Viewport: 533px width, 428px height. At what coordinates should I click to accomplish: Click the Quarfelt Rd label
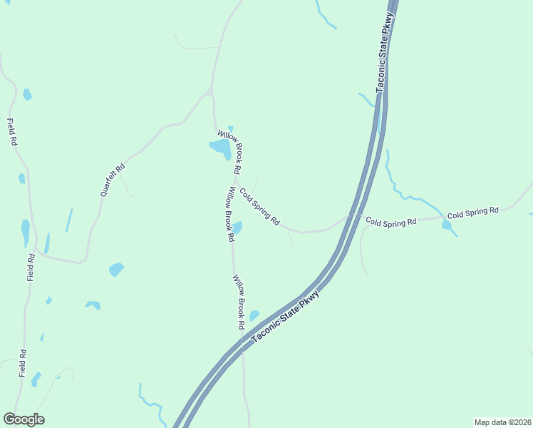[113, 180]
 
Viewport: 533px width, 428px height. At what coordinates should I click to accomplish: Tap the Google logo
[24, 419]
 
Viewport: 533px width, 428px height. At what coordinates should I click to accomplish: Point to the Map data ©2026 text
[502, 422]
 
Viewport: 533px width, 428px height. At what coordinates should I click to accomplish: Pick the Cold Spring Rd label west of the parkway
[259, 207]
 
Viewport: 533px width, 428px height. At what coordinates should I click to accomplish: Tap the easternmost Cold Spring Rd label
[472, 212]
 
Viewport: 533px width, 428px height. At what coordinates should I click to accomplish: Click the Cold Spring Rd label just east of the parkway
[390, 222]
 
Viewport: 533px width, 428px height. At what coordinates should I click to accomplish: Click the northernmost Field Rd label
[11, 132]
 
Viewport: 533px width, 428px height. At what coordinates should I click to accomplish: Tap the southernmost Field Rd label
[23, 363]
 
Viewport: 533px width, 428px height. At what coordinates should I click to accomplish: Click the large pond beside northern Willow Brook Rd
[219, 148]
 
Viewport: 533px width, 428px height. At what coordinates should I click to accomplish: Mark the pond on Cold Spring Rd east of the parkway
[447, 225]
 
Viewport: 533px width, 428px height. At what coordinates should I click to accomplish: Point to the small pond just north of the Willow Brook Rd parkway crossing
[254, 315]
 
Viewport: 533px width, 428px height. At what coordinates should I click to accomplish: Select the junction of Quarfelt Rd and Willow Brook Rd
[211, 91]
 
